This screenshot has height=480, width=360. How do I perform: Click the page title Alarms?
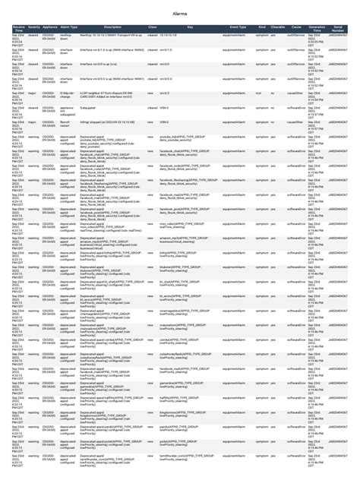click(x=180, y=14)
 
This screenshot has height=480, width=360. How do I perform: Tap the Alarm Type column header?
click(x=70, y=27)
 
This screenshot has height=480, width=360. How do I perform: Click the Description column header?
click(x=112, y=27)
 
